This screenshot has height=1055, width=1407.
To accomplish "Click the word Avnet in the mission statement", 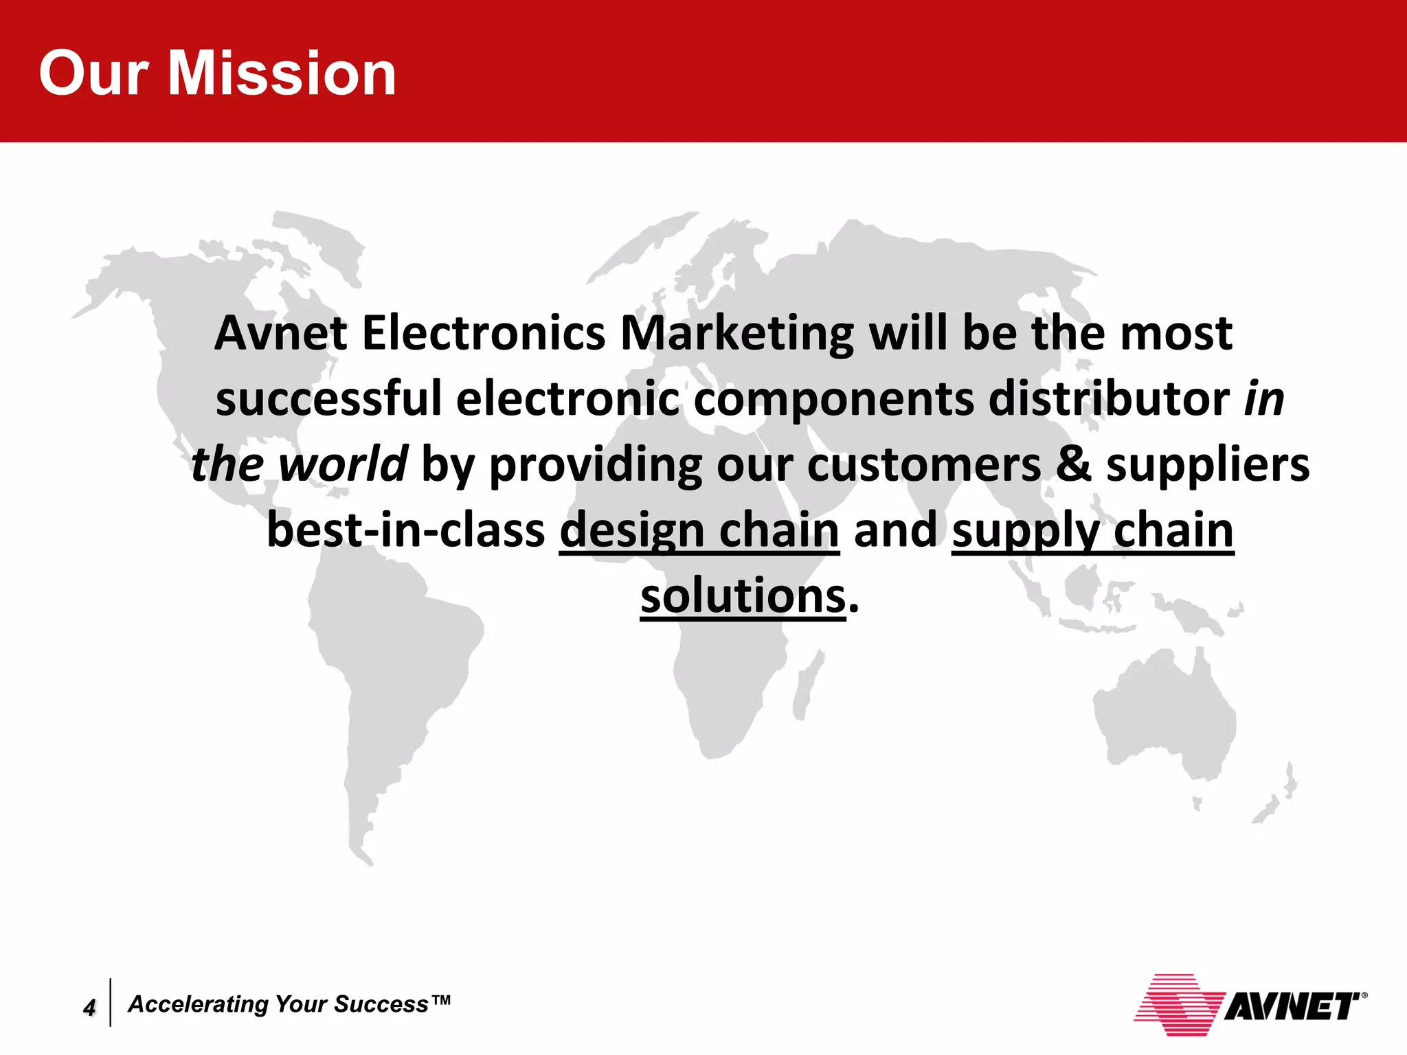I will [280, 333].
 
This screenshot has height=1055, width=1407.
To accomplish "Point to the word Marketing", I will [736, 334].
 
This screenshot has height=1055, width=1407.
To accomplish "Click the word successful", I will [328, 398].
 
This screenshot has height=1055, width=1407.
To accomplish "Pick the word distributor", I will [1108, 398].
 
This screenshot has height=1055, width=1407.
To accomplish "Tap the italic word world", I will [343, 464].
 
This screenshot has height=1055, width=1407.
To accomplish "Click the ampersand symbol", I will [1073, 464].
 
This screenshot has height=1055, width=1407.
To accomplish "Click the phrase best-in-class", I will [405, 530].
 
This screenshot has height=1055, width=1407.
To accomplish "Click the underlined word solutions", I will [743, 596].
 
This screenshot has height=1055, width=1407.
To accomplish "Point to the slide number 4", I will [89, 1008].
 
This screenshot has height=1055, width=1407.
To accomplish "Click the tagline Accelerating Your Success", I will [289, 1004].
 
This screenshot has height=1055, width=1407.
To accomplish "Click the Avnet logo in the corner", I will [1250, 1004].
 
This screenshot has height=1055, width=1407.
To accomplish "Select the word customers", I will [924, 465].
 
